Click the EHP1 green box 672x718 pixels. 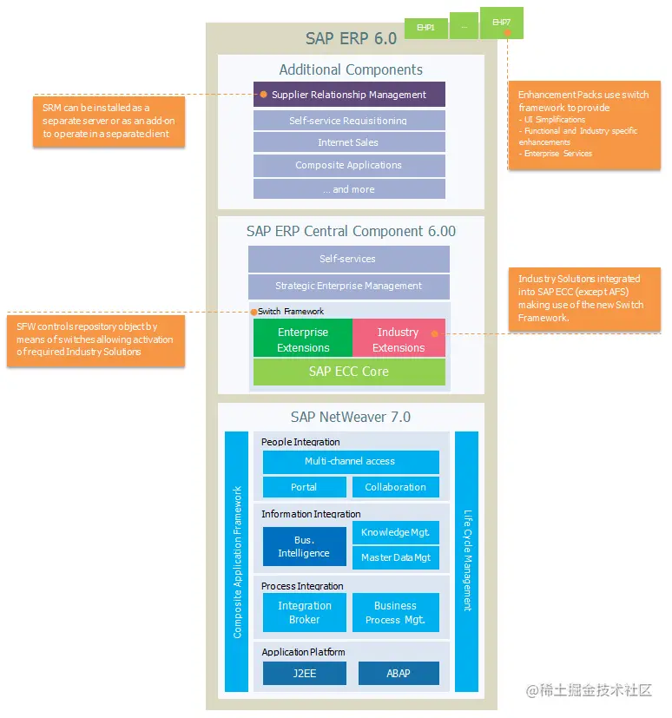(425, 28)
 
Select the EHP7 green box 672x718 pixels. (501, 23)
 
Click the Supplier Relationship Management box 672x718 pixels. (349, 95)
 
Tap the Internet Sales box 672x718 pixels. (349, 142)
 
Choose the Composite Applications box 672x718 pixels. (349, 166)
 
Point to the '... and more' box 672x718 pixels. (349, 189)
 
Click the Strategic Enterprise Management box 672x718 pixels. (349, 287)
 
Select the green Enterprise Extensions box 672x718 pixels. (303, 339)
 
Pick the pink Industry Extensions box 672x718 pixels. (399, 339)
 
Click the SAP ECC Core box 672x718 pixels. (349, 372)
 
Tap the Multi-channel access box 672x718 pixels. (351, 462)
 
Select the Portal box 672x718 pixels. (304, 487)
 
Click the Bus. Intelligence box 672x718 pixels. (304, 547)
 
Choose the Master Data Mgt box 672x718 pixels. (396, 557)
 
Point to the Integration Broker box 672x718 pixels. (304, 613)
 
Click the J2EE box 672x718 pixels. (304, 674)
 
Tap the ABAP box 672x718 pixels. (398, 674)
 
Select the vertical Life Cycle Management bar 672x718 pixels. (466, 561)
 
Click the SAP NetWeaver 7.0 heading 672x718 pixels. (351, 418)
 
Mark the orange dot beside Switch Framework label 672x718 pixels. (254, 312)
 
